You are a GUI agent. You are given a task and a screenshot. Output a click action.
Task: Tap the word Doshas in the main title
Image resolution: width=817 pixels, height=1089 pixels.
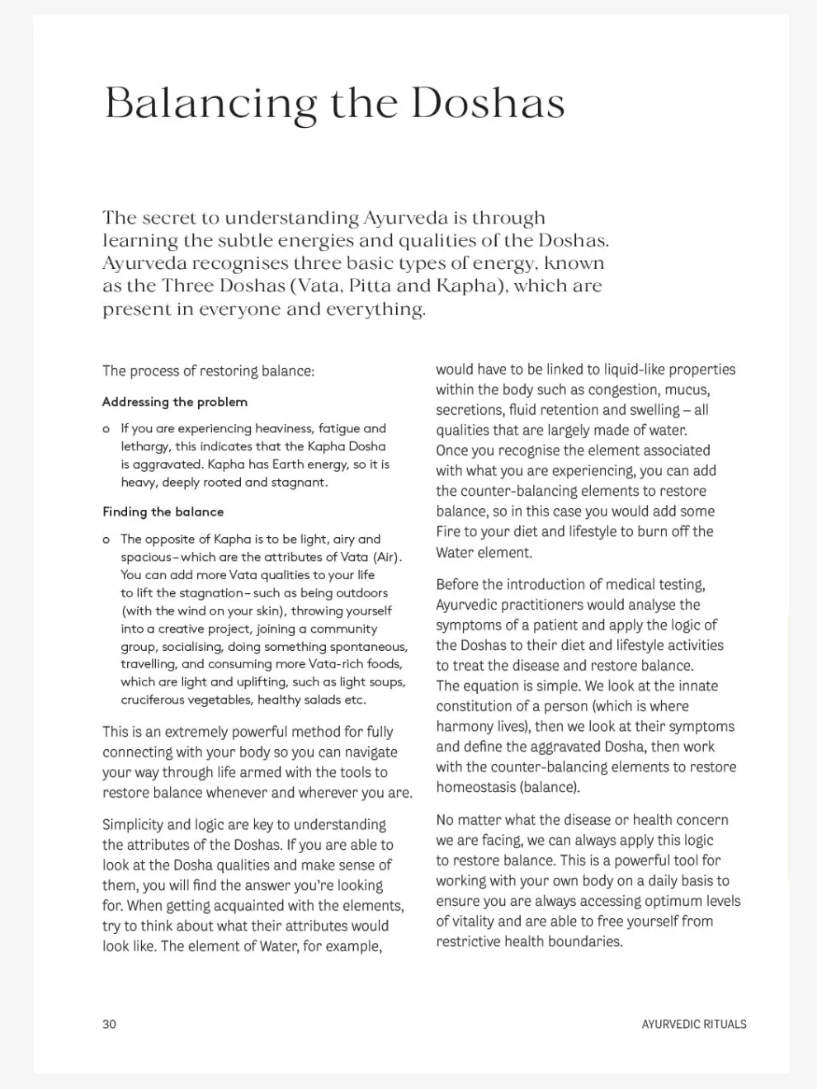(x=488, y=103)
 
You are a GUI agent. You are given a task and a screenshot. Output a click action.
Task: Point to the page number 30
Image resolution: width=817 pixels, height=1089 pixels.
(x=110, y=1024)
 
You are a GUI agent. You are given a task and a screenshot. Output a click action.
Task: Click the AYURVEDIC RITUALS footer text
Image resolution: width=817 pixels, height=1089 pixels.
(x=693, y=1024)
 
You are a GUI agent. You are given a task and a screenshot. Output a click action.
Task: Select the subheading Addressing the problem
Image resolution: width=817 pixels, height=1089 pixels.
(x=175, y=402)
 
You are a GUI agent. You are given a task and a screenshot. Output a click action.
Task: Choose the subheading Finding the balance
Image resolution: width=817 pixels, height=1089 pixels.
(x=163, y=511)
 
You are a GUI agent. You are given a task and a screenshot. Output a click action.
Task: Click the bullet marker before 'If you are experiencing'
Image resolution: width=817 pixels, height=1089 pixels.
(x=106, y=429)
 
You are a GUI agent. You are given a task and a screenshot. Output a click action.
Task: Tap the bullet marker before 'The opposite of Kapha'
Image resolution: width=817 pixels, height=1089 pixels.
(x=106, y=540)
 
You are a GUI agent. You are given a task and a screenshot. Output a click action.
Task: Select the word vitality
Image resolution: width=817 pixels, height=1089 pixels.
(x=467, y=922)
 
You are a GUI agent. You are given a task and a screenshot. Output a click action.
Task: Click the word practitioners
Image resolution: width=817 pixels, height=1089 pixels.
(x=541, y=605)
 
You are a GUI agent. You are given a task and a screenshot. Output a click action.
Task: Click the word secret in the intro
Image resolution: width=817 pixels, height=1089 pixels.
(x=170, y=219)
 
